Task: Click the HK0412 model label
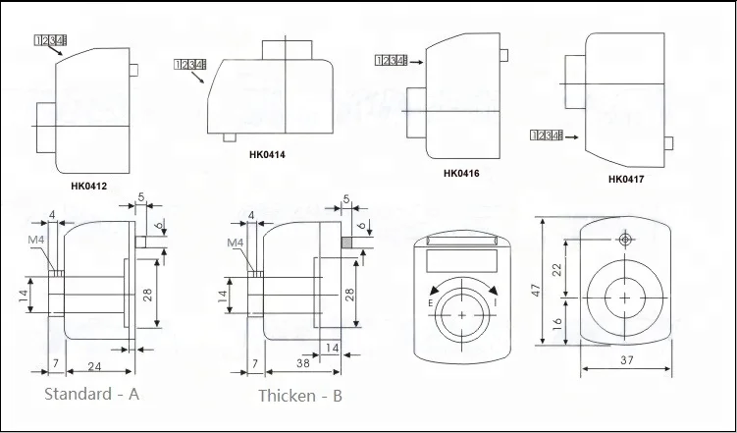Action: [x=89, y=184]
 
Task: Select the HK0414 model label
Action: [x=268, y=154]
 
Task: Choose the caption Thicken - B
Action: [x=300, y=396]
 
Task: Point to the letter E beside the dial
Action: [x=430, y=304]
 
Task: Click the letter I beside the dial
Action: [x=497, y=304]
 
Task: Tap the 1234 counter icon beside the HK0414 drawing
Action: [x=188, y=65]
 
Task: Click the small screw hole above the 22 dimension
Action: [x=624, y=239]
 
